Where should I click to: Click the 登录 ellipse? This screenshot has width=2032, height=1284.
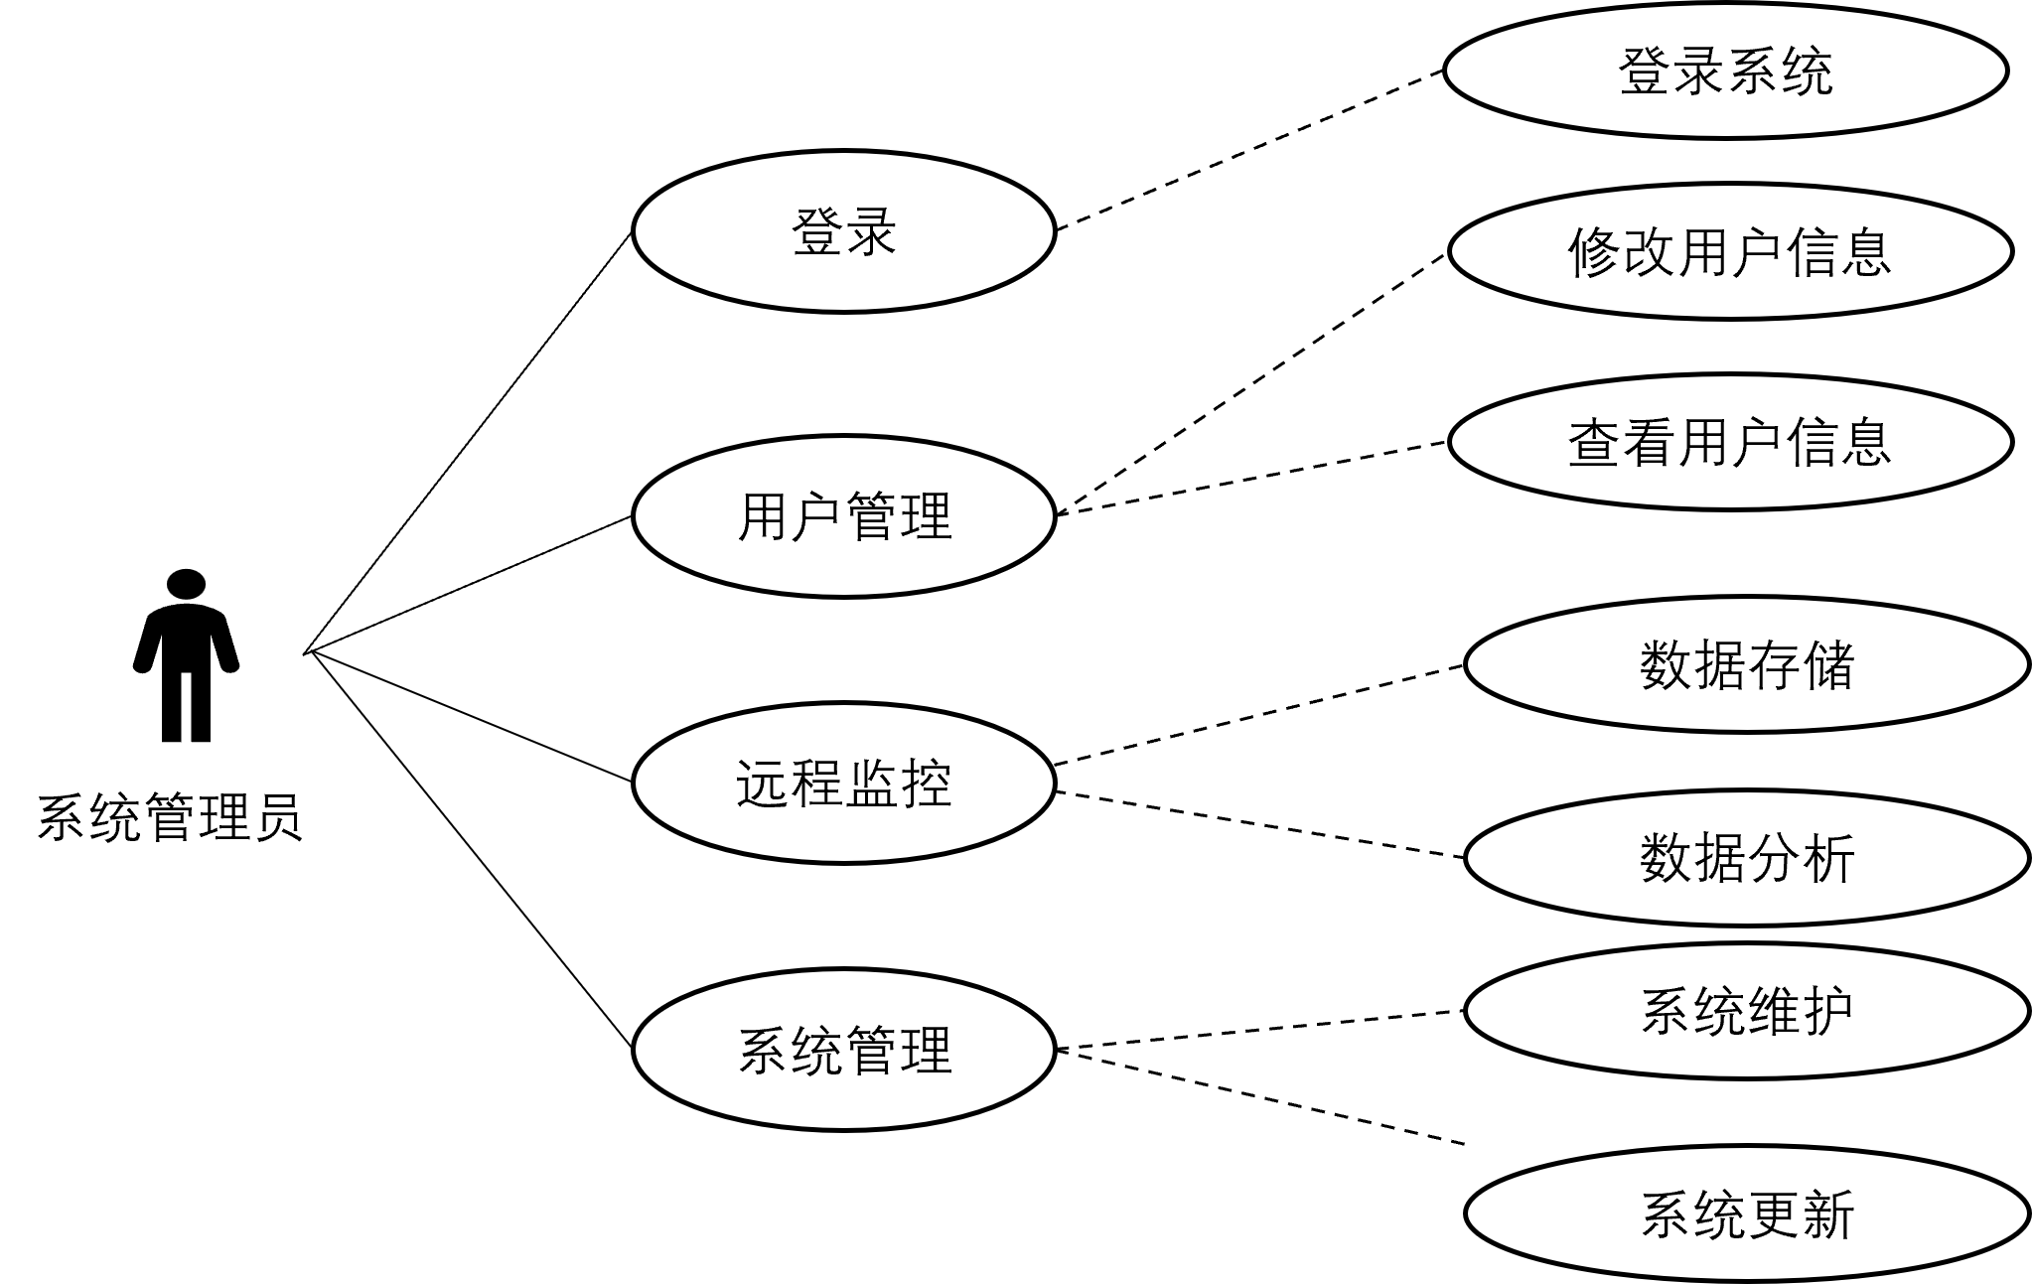click(843, 231)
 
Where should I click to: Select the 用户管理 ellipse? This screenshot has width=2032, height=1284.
click(843, 516)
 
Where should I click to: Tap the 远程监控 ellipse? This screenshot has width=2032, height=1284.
click(843, 783)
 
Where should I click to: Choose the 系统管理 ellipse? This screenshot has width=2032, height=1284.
click(843, 1050)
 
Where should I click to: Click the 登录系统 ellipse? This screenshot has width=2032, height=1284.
click(1725, 71)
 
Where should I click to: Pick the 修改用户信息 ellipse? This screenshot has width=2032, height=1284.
click(1730, 251)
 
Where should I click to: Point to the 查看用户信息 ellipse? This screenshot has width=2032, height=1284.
click(1730, 442)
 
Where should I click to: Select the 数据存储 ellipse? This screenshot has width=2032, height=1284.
click(1746, 664)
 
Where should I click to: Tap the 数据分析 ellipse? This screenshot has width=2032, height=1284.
click(1746, 858)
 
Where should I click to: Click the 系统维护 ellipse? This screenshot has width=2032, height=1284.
click(1746, 1011)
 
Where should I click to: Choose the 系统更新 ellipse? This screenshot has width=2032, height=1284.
click(1746, 1214)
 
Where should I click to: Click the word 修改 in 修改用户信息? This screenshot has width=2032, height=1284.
click(1622, 251)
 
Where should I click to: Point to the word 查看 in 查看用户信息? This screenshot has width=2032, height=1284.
click(1622, 442)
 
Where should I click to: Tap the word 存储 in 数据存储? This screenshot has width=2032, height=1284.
click(1801, 664)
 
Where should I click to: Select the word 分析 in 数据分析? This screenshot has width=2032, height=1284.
click(1801, 858)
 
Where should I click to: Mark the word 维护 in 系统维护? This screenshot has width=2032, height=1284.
click(1801, 1011)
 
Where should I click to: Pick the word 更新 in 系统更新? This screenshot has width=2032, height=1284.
click(1801, 1214)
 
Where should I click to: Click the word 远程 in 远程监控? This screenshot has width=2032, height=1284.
click(790, 784)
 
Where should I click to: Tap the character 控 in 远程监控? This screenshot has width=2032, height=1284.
click(926, 784)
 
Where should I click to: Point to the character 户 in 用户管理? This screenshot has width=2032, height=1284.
click(816, 517)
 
